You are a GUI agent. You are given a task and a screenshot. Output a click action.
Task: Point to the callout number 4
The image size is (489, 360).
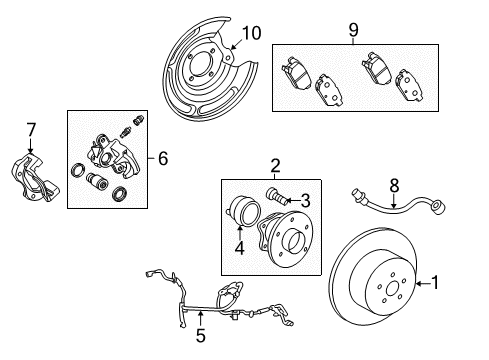click(x=239, y=246)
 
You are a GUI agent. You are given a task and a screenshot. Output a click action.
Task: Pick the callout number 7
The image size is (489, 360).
click(x=30, y=128)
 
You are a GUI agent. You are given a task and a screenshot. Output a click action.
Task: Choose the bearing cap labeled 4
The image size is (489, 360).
click(x=243, y=214)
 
